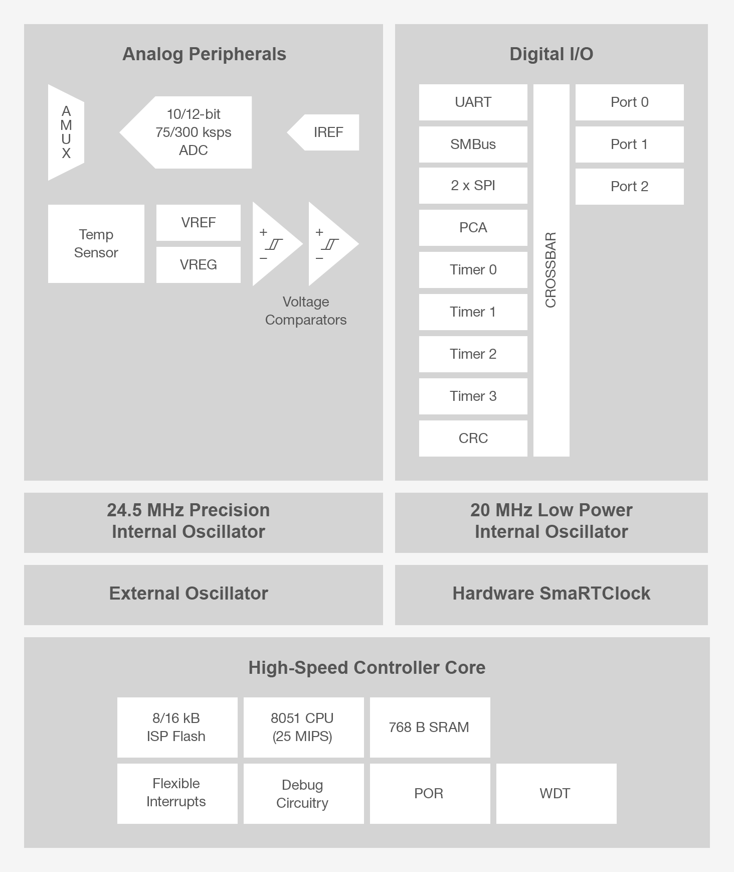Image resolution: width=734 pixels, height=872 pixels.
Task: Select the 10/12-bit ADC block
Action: [x=193, y=132]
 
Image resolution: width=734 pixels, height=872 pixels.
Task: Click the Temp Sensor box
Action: [x=96, y=243]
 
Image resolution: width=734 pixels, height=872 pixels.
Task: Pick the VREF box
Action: [x=198, y=222]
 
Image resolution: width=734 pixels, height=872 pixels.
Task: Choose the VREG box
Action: [x=198, y=264]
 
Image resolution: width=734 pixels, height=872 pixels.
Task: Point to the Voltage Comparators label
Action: [x=305, y=311]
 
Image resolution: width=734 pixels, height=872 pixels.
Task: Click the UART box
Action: [x=473, y=102]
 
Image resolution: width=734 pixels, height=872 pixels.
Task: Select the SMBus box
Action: [x=473, y=144]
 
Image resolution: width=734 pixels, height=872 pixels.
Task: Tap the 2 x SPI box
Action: [x=473, y=186]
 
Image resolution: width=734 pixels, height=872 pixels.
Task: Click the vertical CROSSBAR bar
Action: [x=551, y=270]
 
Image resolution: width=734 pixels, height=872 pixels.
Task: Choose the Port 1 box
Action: [x=629, y=144]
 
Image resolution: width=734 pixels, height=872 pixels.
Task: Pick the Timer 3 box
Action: [x=473, y=396]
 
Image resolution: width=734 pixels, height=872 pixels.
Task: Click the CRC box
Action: [x=473, y=439]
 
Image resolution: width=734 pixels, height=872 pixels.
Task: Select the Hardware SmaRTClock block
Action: [x=551, y=594]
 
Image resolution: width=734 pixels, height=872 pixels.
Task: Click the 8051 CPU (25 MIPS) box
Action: [x=303, y=727]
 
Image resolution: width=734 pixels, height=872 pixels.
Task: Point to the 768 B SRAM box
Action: [x=429, y=727]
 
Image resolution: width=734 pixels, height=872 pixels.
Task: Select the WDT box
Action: [x=556, y=793]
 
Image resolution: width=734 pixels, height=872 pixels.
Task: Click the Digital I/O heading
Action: [x=551, y=54]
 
